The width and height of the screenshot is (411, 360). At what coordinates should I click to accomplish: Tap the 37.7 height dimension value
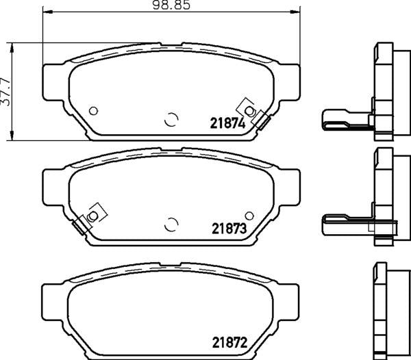click(x=6, y=90)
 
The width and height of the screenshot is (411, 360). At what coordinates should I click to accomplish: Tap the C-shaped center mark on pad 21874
click(x=171, y=119)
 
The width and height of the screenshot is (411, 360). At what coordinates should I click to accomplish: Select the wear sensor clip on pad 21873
click(x=90, y=218)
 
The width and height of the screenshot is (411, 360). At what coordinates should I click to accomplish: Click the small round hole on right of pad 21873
click(x=249, y=215)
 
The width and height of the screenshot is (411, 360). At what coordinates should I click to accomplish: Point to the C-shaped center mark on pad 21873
click(x=171, y=223)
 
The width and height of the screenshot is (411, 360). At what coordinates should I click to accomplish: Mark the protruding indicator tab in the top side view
click(x=342, y=119)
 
